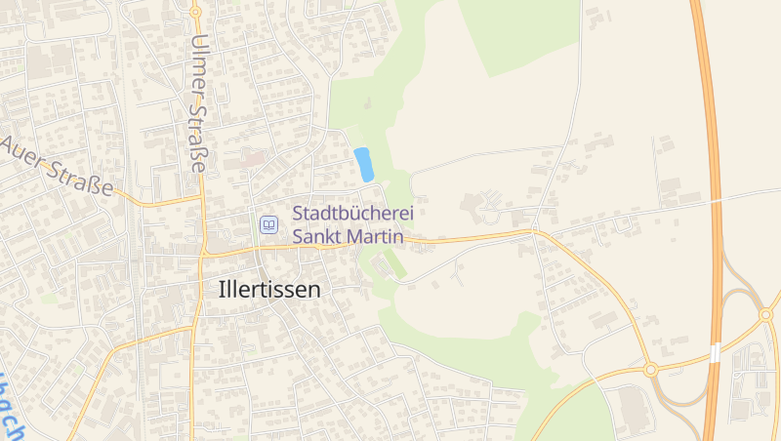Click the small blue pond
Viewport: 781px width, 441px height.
[x=364, y=164]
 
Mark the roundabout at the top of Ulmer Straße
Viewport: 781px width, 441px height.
[x=195, y=12]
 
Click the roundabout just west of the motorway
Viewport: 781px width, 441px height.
[x=650, y=370]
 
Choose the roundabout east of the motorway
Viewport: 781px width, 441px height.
[x=766, y=315]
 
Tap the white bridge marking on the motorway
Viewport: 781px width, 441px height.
[x=716, y=352]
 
